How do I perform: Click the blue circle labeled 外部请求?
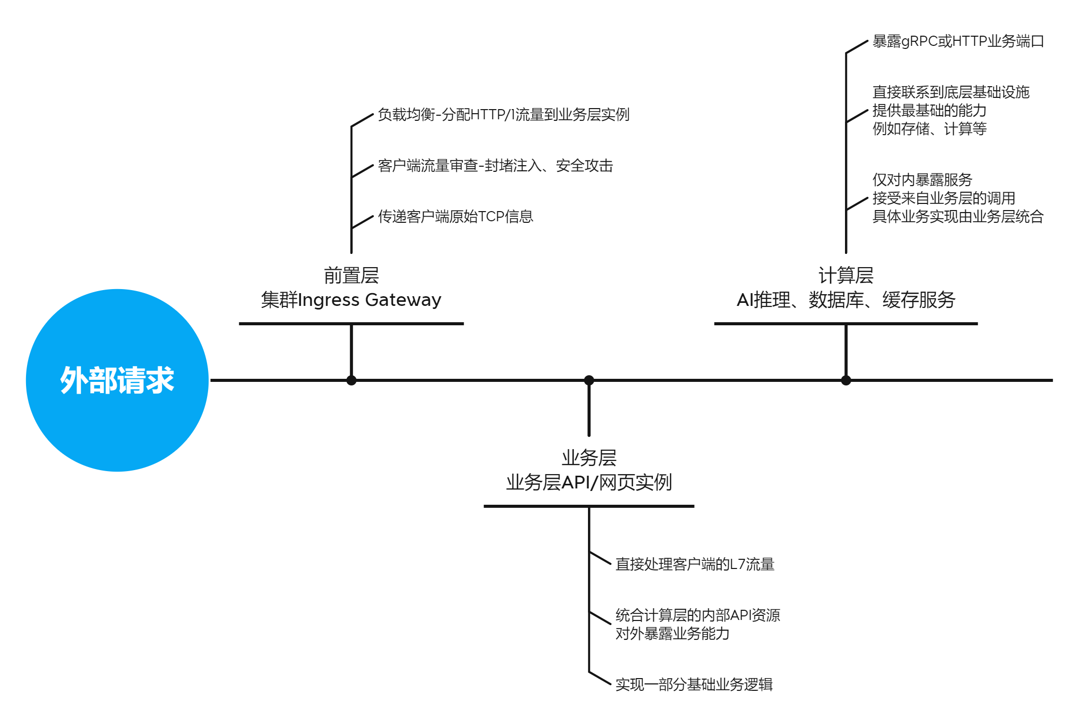click(117, 380)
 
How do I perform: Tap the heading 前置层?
click(351, 275)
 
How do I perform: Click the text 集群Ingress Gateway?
click(351, 300)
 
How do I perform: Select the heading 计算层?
click(845, 275)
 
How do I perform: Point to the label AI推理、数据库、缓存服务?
click(845, 300)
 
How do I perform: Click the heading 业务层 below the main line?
click(589, 458)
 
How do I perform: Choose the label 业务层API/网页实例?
click(589, 482)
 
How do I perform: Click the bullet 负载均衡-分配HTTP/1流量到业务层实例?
click(503, 115)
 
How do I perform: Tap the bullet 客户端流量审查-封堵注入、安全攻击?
click(495, 166)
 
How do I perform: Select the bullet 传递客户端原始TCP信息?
click(455, 217)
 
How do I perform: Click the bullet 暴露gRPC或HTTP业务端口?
click(958, 41)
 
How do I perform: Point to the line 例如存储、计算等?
click(929, 129)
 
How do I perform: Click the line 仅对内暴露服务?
click(922, 180)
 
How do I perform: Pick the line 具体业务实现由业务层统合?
click(958, 217)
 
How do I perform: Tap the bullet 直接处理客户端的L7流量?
click(695, 564)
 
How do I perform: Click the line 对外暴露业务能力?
click(672, 634)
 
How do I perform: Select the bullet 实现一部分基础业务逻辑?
click(694, 685)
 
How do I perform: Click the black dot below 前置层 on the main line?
click(351, 380)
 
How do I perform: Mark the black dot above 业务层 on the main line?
click(589, 380)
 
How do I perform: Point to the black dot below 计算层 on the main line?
click(846, 380)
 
